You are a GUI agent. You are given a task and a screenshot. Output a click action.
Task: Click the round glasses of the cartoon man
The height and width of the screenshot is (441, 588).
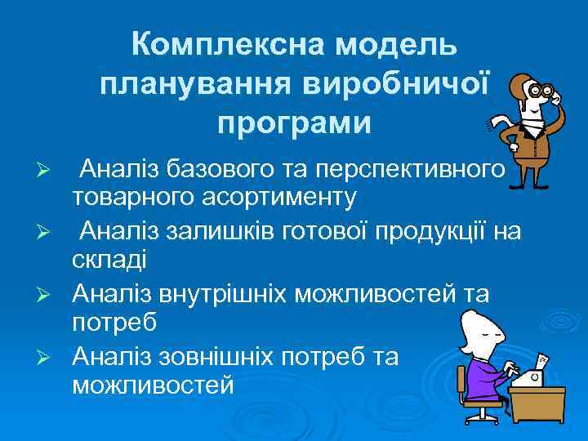[x=540, y=91]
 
